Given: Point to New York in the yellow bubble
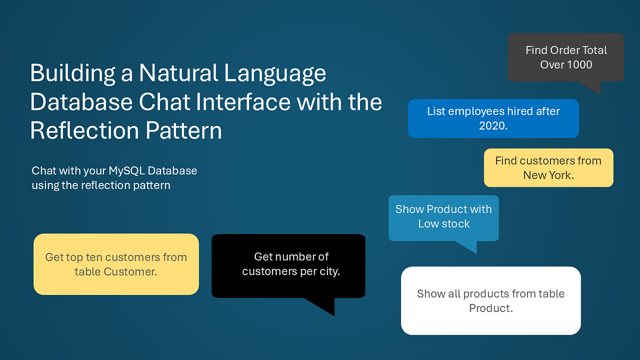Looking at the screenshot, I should click(548, 175).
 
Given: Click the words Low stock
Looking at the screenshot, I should click(444, 224).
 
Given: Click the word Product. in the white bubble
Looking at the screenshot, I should click(491, 308).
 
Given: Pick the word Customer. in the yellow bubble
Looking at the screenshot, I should click(130, 271).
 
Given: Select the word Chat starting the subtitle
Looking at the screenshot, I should click(43, 171).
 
